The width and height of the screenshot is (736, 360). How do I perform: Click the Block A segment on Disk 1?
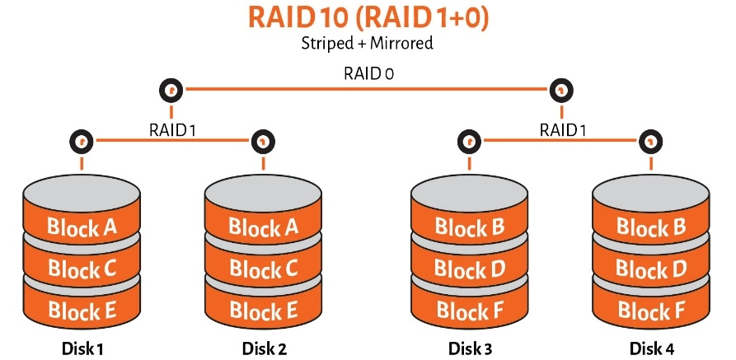click(x=82, y=227)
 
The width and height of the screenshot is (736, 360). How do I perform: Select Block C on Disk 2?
click(x=263, y=269)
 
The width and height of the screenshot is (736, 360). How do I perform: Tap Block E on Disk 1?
click(x=82, y=310)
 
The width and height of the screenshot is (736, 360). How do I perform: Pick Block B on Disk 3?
click(x=469, y=227)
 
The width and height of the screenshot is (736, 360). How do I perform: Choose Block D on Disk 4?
click(x=651, y=269)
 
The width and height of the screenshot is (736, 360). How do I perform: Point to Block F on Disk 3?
click(x=469, y=310)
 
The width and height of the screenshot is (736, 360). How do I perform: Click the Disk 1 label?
click(x=82, y=348)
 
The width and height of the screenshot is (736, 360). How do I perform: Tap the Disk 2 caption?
click(x=265, y=348)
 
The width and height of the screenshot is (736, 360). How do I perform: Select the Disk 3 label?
click(x=470, y=348)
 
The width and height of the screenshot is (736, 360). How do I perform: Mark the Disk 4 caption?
click(x=652, y=348)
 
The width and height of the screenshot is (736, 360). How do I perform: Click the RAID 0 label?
click(x=368, y=73)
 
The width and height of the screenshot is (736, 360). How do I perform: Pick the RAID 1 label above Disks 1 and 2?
click(x=171, y=129)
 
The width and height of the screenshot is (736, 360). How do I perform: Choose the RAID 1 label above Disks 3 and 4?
click(x=562, y=129)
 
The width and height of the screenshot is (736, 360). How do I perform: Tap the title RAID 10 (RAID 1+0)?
click(x=368, y=17)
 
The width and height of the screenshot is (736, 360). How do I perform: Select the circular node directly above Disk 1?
click(x=81, y=141)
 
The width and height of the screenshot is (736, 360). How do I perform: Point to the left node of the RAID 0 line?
click(x=171, y=89)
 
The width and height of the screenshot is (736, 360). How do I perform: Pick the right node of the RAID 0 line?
click(x=561, y=89)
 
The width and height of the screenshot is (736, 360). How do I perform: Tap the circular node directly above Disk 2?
click(x=263, y=141)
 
